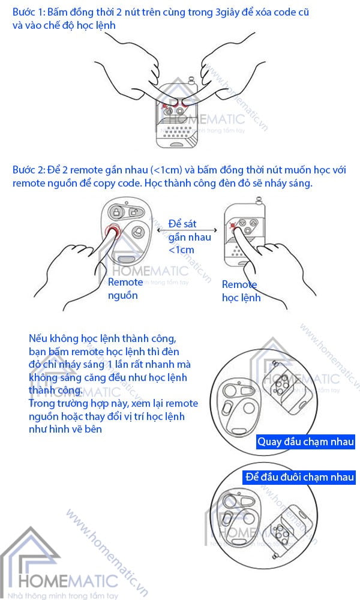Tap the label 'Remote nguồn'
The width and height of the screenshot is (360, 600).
[x=125, y=289]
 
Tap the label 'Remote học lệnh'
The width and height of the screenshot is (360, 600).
[x=241, y=291]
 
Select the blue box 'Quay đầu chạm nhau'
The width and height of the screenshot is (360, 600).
[x=305, y=443]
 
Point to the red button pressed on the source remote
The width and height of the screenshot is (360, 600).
[x=112, y=233]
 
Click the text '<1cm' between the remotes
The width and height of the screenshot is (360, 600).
[x=181, y=250]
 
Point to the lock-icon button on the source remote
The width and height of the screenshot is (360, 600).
[x=116, y=211]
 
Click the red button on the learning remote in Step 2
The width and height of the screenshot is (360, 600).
[x=232, y=226]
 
